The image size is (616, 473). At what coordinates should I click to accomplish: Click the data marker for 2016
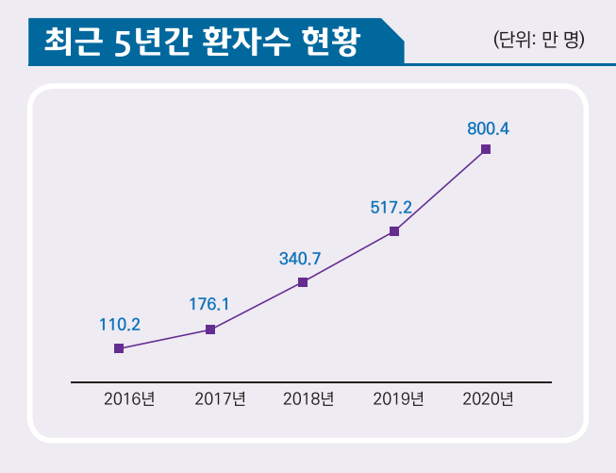(x=119, y=348)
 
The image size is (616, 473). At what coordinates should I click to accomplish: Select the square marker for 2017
(x=210, y=329)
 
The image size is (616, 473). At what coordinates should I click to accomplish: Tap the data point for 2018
(x=303, y=281)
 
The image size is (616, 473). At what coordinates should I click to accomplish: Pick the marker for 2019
(x=394, y=231)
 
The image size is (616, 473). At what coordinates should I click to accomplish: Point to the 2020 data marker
(x=486, y=149)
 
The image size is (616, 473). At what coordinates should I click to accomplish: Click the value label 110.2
(x=120, y=325)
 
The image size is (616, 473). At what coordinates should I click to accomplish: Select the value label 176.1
(x=209, y=304)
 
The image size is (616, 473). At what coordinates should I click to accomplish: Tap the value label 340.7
(x=301, y=257)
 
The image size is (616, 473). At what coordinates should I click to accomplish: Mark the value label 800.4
(x=489, y=128)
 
